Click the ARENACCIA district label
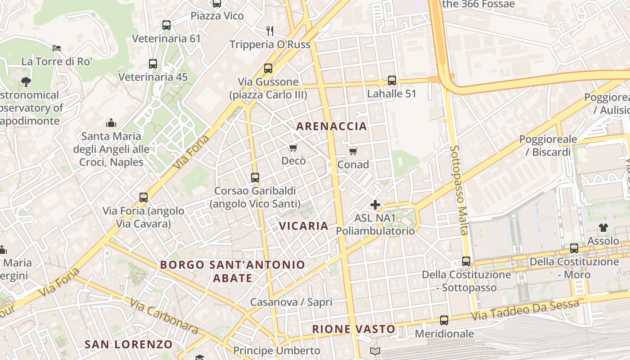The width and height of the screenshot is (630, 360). point(332,126)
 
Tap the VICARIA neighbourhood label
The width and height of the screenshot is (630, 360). point(304,226)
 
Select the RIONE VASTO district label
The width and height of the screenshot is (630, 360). point(354,329)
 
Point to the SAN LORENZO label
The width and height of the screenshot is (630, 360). point(129,345)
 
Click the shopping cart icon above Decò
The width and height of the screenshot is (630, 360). point(293,148)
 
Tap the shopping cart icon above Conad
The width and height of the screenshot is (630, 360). point(353,151)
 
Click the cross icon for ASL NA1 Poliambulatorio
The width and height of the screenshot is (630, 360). point(375,205)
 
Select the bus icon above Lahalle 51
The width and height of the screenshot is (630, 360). point(392,81)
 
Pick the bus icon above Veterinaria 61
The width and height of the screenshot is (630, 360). point(166,25)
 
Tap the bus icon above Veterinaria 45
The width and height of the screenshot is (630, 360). point(153,64)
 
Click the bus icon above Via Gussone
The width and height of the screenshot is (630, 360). point(268,68)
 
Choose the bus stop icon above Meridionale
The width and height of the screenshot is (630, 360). point(444,320)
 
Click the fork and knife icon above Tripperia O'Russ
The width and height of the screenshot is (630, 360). point(270,31)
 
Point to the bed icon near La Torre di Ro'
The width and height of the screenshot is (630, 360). point(57,48)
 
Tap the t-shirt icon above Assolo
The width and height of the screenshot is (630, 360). point(603,228)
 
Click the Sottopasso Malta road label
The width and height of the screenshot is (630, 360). point(459,190)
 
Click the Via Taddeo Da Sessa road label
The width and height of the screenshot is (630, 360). point(525,310)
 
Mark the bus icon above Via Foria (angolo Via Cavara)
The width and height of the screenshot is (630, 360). point(144,197)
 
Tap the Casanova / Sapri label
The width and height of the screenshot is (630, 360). point(291,302)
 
